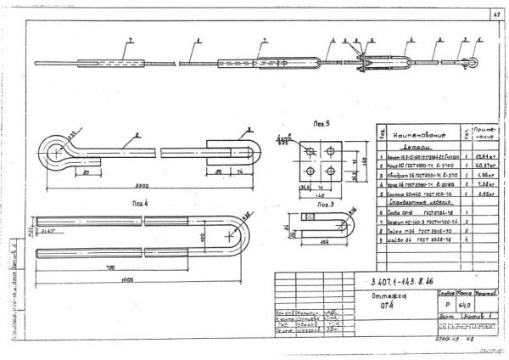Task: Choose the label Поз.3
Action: coord(324,205)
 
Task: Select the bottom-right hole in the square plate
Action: coord(335,174)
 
